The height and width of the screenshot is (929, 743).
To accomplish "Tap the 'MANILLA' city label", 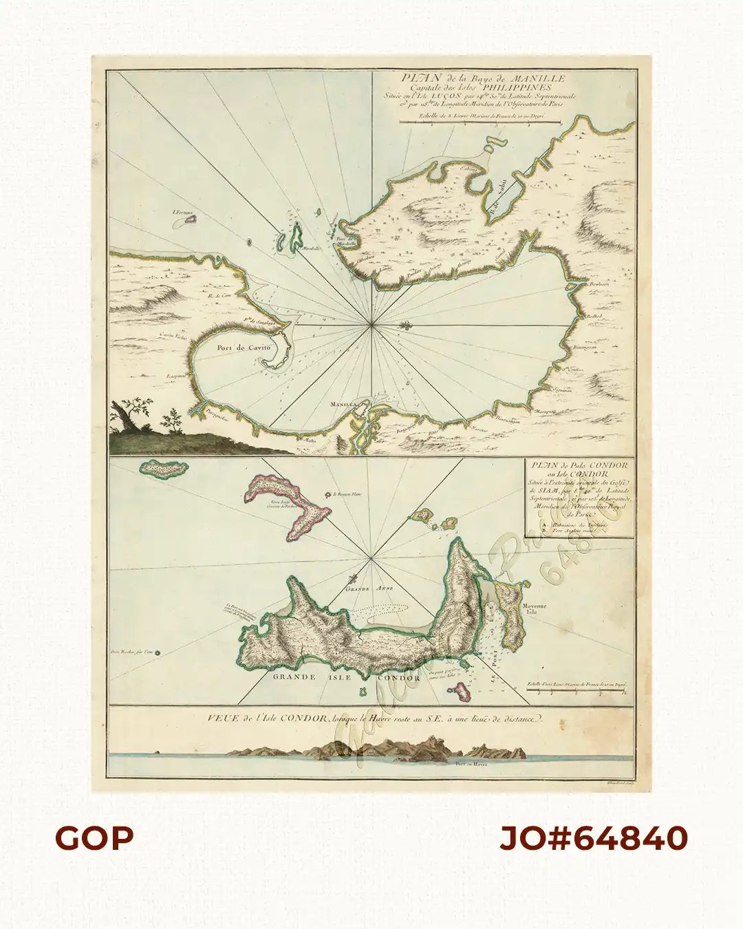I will point(341,404).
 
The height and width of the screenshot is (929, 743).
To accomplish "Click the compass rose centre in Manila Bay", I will point(372,323).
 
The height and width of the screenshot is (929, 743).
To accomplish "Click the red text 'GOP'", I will point(94,838).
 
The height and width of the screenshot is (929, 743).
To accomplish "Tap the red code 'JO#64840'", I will point(593,838).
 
